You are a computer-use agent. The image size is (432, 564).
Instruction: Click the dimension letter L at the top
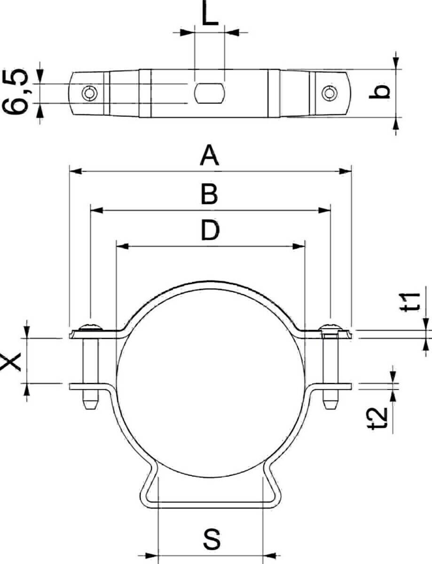click(210, 13)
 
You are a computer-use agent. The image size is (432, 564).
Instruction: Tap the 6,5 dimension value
click(16, 91)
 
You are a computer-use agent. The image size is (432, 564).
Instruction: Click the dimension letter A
click(209, 156)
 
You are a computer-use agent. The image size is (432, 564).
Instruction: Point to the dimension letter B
click(209, 194)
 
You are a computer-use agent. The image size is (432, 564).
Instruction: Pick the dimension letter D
click(210, 230)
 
